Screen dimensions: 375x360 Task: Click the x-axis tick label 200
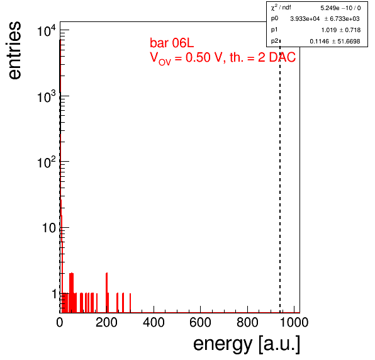(106, 322)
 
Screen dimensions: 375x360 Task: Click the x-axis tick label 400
(154, 322)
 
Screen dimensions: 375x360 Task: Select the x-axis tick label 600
(201, 322)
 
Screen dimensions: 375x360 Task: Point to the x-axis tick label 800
(247, 322)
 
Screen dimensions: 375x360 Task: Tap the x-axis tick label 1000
(294, 322)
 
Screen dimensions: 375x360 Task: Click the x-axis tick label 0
(60, 322)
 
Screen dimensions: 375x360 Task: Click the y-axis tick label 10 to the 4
(47, 30)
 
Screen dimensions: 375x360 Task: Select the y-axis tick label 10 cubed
(47, 96)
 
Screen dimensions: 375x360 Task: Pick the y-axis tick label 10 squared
(47, 162)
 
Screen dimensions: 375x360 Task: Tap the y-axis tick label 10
(49, 228)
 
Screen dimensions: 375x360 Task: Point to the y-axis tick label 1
(54, 294)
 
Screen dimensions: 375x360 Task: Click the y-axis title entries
(15, 50)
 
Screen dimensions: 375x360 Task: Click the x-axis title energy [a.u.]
(247, 344)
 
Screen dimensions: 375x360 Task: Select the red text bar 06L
(172, 43)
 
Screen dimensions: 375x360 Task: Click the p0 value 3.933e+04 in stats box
(305, 19)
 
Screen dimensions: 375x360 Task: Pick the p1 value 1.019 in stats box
(329, 30)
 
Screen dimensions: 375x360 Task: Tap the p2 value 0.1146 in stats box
(319, 42)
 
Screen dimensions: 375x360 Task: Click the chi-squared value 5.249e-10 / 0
(340, 8)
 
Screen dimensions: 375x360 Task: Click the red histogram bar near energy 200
(107, 293)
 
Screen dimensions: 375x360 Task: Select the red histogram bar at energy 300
(130, 303)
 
